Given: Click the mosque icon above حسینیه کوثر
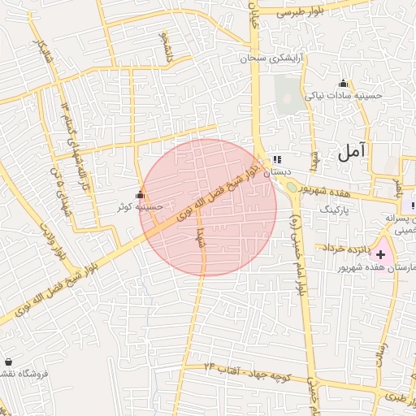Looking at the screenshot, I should coord(140,195).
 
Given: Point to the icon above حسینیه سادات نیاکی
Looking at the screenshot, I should coord(343,83).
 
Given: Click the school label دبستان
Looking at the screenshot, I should coord(276,171).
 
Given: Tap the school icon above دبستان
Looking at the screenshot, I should coord(277,159).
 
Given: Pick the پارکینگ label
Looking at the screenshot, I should coord(330,209).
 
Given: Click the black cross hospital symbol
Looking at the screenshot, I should coord(382,255).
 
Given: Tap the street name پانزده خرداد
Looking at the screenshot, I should coord(348,247).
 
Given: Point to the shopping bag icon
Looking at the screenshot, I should coord(9,362).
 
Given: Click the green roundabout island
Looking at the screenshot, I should coord(292,188).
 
